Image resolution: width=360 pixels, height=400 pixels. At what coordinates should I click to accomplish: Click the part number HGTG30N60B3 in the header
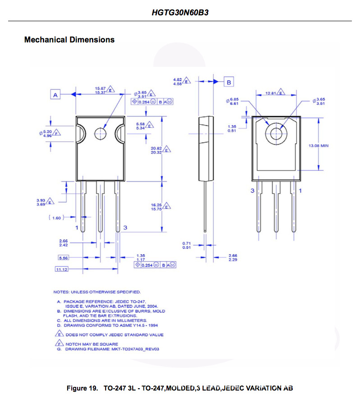pyautogui.click(x=180, y=13)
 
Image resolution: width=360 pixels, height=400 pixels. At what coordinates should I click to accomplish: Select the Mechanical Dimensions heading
pyautogui.click(x=69, y=40)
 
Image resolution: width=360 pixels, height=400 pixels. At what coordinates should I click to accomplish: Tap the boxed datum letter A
pyautogui.click(x=55, y=95)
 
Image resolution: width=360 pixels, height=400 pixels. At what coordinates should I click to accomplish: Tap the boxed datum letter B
pyautogui.click(x=229, y=82)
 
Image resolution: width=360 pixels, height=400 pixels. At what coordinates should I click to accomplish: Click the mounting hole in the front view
pyautogui.click(x=100, y=134)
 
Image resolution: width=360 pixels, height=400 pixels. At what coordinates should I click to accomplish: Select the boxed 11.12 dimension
pyautogui.click(x=61, y=269)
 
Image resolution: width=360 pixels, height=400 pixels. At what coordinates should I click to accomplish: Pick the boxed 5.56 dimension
pyautogui.click(x=64, y=258)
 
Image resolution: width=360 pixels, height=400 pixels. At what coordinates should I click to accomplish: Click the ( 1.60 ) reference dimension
pyautogui.click(x=55, y=218)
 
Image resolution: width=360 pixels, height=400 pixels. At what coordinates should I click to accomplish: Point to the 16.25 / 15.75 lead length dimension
pyautogui.click(x=157, y=207)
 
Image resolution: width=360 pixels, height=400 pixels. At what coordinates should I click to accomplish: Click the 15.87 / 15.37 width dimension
pyautogui.click(x=100, y=90)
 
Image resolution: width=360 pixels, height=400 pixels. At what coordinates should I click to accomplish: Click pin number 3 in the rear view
pyautogui.click(x=253, y=191)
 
